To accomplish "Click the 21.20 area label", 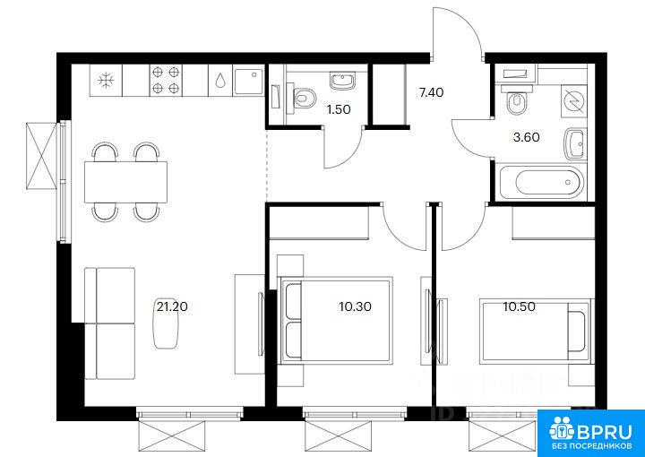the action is click(172, 306).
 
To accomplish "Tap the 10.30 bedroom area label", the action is click(356, 306).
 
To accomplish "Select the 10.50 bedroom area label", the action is click(519, 306).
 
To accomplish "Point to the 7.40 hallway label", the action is click(431, 93).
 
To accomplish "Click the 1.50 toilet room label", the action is click(338, 109).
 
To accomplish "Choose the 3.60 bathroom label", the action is click(526, 137).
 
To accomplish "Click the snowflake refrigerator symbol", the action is click(106, 81).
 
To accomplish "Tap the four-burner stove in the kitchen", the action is click(167, 81).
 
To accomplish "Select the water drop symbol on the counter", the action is click(220, 81).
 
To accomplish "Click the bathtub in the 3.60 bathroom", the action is click(541, 182).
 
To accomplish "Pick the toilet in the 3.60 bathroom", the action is click(517, 100).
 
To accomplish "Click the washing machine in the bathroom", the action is click(573, 102).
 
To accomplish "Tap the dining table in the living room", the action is click(126, 182).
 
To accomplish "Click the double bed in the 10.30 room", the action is click(335, 320).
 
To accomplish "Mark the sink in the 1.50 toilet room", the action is click(342, 82).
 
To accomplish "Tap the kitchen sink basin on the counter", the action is click(248, 81).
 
